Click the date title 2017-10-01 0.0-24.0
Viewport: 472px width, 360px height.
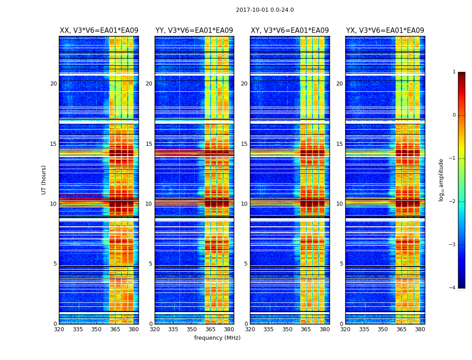265,10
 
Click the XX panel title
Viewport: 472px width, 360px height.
99,31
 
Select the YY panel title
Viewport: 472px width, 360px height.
194,31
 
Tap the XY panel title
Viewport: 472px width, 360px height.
289,31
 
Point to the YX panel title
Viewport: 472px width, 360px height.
385,31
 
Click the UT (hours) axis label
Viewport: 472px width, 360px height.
44,180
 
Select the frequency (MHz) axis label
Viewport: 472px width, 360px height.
217,338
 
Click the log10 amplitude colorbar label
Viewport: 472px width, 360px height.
441,180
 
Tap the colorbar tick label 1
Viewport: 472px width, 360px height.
454,72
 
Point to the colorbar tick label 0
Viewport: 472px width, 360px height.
454,115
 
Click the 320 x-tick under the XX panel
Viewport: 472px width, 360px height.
59,329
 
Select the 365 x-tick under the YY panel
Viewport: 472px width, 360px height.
210,329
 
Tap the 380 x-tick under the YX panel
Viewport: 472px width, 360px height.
420,329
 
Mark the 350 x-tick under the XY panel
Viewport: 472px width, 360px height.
287,329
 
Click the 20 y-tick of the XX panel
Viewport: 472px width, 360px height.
53,84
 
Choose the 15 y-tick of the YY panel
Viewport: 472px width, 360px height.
149,144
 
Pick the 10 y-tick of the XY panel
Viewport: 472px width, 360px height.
244,204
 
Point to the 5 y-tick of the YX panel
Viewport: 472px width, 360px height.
341,264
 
